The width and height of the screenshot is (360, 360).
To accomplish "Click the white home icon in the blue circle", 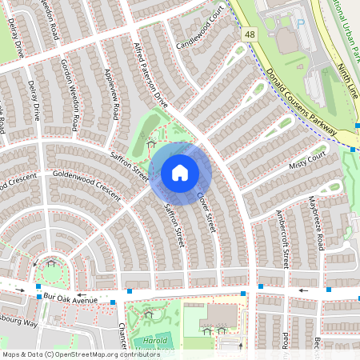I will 180,173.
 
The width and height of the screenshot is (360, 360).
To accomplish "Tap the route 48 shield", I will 250,34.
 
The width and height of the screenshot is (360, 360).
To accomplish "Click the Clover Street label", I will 206,211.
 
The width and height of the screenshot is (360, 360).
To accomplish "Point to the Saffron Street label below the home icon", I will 174,226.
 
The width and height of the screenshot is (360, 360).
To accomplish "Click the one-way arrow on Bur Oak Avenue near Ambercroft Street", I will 302,291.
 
